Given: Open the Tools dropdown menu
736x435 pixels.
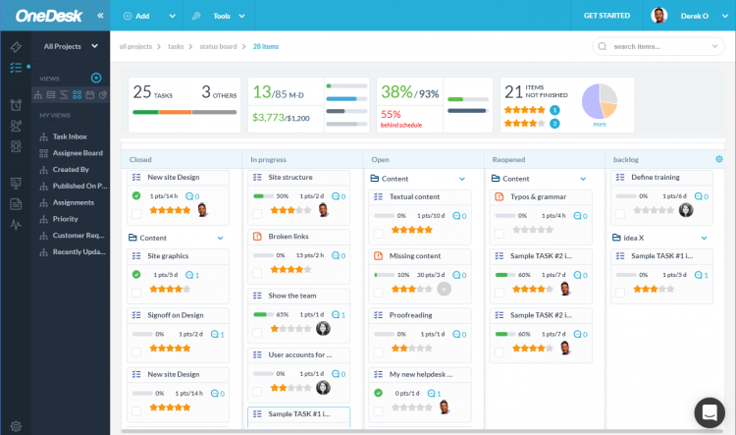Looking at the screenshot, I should pos(221,16).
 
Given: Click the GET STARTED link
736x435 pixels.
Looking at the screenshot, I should pos(606,16).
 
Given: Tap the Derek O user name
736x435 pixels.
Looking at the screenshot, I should pos(694,16).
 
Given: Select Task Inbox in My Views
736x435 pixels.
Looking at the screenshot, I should pos(70,136).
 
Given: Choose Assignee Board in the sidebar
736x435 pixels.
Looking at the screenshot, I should pos(78,153).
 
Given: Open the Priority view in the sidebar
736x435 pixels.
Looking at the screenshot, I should pos(66,219).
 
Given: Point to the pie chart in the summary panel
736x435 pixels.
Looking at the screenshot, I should pos(600,101).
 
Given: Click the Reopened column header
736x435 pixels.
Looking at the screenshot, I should pos(510,159).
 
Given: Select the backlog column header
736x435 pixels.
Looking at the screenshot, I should pos(626,159).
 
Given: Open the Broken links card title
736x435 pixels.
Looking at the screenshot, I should pos(289,237).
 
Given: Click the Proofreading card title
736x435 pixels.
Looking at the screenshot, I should pos(411,315).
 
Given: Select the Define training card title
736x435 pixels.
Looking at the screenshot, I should pos(656,178).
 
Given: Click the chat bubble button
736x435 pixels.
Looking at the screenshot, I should pos(709,411).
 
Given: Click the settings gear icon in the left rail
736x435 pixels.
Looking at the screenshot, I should pos(16,425).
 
